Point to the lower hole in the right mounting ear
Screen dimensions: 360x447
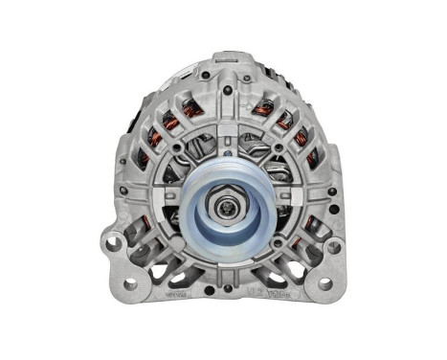click(x=324, y=284)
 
